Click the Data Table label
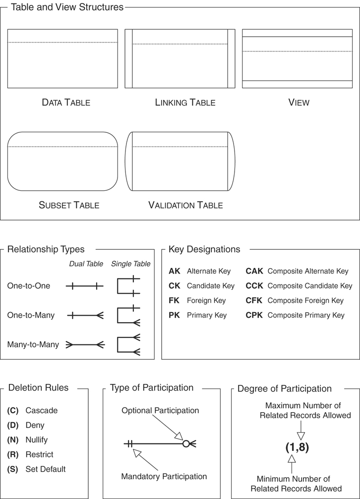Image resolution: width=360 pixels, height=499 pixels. click(66, 103)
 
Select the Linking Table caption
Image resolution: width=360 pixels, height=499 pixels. click(185, 103)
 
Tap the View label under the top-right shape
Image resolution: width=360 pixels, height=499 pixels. click(299, 103)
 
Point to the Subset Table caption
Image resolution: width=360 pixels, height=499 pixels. click(69, 205)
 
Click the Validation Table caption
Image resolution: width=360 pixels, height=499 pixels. click(185, 205)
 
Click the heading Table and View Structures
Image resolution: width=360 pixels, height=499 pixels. click(67, 7)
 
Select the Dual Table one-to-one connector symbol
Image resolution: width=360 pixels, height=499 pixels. click(85, 286)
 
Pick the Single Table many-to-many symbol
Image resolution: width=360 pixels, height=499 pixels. click(129, 345)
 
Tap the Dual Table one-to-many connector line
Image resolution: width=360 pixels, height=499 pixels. click(85, 315)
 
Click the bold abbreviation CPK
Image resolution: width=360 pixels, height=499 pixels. click(254, 315)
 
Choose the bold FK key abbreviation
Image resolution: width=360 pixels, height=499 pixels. click(174, 301)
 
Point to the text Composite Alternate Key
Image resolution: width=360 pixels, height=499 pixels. click(307, 272)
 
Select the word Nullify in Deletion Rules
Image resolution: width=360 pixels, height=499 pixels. click(37, 440)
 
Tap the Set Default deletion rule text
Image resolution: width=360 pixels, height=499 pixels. click(46, 469)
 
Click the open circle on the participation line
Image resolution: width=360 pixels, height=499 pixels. click(186, 444)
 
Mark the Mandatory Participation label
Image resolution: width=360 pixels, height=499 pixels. click(164, 477)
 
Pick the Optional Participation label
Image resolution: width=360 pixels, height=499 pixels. click(160, 411)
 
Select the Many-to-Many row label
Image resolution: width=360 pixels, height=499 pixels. click(33, 344)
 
